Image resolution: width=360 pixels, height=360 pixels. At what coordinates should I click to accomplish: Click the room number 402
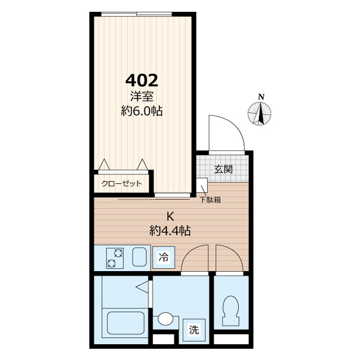pyautogui.click(x=142, y=80)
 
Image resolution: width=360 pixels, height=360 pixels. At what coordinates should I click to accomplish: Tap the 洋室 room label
pyautogui.click(x=142, y=96)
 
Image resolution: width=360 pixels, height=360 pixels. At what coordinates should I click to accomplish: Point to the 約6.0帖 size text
pyautogui.click(x=142, y=111)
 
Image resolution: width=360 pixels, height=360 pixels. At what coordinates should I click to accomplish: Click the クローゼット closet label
pyautogui.click(x=121, y=184)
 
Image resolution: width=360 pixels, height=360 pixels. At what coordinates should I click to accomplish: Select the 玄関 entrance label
pyautogui.click(x=223, y=169)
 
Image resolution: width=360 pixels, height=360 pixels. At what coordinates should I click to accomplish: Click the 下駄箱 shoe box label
pyautogui.click(x=210, y=200)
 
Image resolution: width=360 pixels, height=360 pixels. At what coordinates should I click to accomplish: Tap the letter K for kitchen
pyautogui.click(x=170, y=216)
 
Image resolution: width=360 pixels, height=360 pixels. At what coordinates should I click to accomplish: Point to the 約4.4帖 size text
pyautogui.click(x=170, y=231)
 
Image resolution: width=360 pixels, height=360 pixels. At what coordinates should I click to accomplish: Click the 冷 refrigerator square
pyautogui.click(x=164, y=258)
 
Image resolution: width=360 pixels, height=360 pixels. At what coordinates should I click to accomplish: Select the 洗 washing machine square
pyautogui.click(x=194, y=330)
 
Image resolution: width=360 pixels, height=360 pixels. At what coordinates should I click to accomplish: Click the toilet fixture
pyautogui.click(x=230, y=310)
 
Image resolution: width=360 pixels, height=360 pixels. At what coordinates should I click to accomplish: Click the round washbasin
pyautogui.click(x=165, y=319)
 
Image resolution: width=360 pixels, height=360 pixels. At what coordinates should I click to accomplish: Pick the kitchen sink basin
pyautogui.click(x=139, y=257)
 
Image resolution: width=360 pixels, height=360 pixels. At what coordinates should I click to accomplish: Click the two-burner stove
pyautogui.click(x=115, y=258)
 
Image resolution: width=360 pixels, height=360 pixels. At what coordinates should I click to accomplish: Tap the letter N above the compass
pyautogui.click(x=261, y=97)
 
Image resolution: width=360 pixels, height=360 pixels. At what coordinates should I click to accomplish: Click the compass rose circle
pyautogui.click(x=259, y=114)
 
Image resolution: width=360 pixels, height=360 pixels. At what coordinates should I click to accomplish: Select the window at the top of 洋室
pyautogui.click(x=137, y=13)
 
